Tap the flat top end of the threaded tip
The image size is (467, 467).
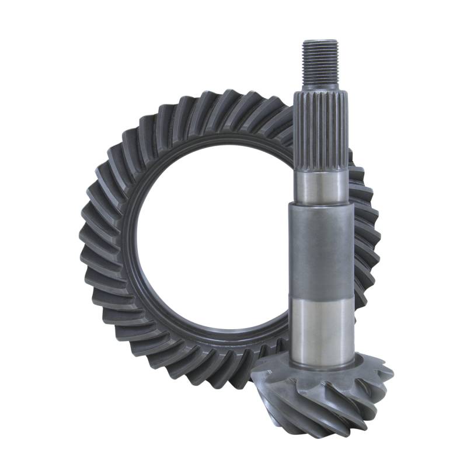point(320,41)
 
